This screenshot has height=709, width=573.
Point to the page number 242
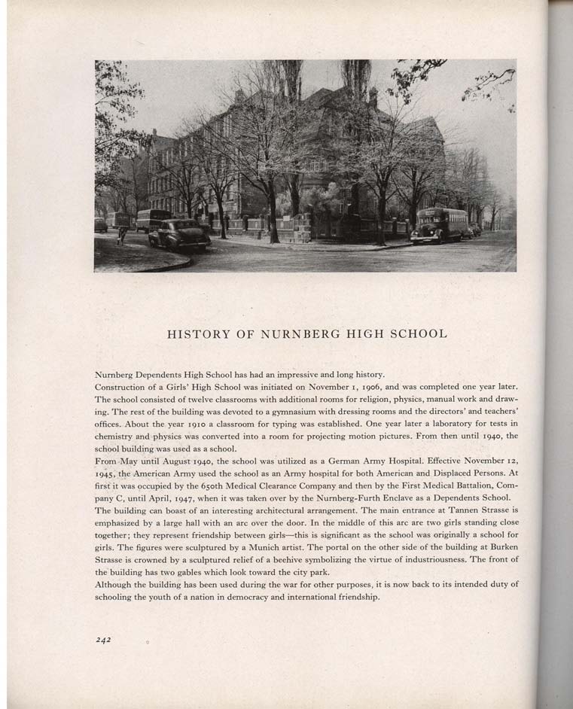(x=103, y=640)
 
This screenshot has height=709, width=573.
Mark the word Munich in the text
(x=289, y=547)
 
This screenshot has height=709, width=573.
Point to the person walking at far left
(x=121, y=234)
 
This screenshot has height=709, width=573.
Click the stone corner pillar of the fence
(x=303, y=227)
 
